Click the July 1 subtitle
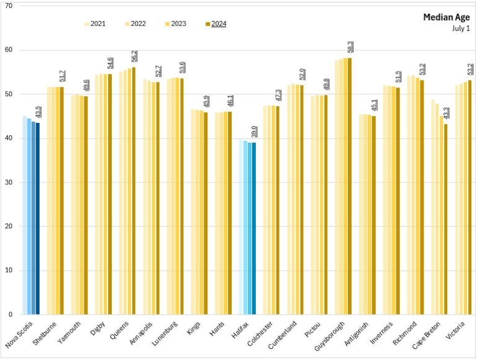460,28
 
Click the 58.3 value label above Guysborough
350,48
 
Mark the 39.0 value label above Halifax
255,132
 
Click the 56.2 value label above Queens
134,57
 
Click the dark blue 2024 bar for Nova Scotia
38,218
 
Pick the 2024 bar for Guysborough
350,186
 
